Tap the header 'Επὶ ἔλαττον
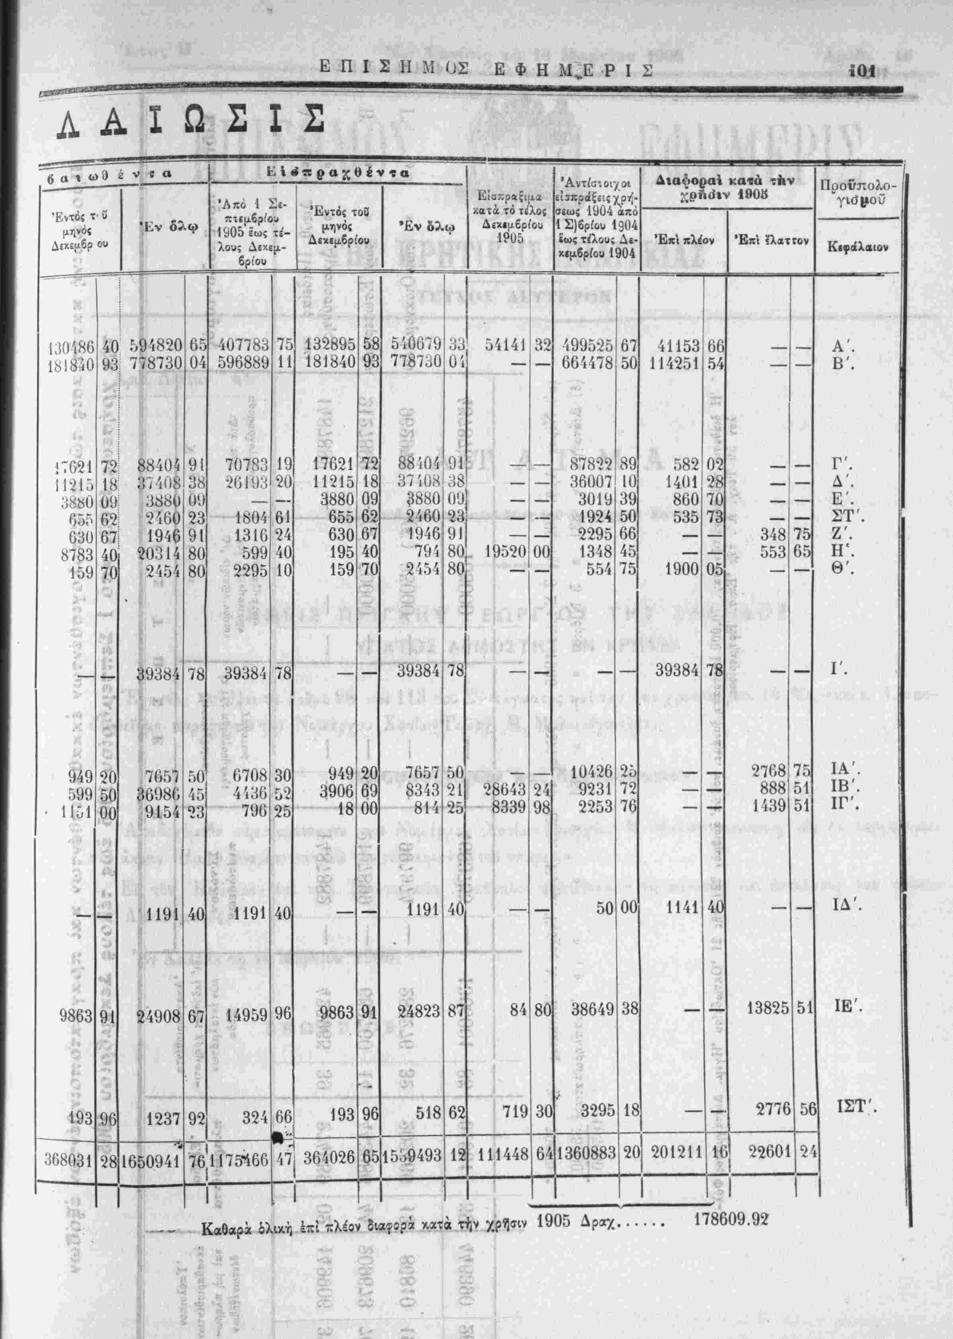(x=771, y=240)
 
